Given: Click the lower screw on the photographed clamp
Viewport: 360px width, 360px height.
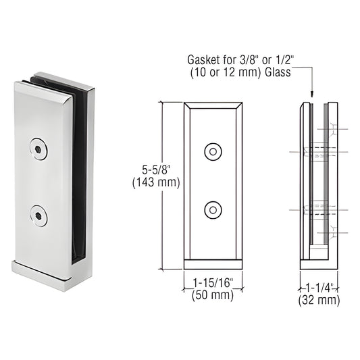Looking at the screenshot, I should (x=38, y=215).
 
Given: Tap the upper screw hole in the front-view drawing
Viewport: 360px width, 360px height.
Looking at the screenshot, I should (x=214, y=152).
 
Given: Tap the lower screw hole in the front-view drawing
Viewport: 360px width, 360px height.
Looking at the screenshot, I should (x=214, y=210).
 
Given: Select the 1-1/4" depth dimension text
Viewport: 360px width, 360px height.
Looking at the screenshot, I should (x=319, y=287).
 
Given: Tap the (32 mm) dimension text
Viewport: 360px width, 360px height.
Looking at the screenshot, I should (x=319, y=300).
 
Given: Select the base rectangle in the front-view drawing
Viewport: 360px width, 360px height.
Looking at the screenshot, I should (x=214, y=264).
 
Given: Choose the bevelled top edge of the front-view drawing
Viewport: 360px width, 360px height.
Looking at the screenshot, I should (x=214, y=107).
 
